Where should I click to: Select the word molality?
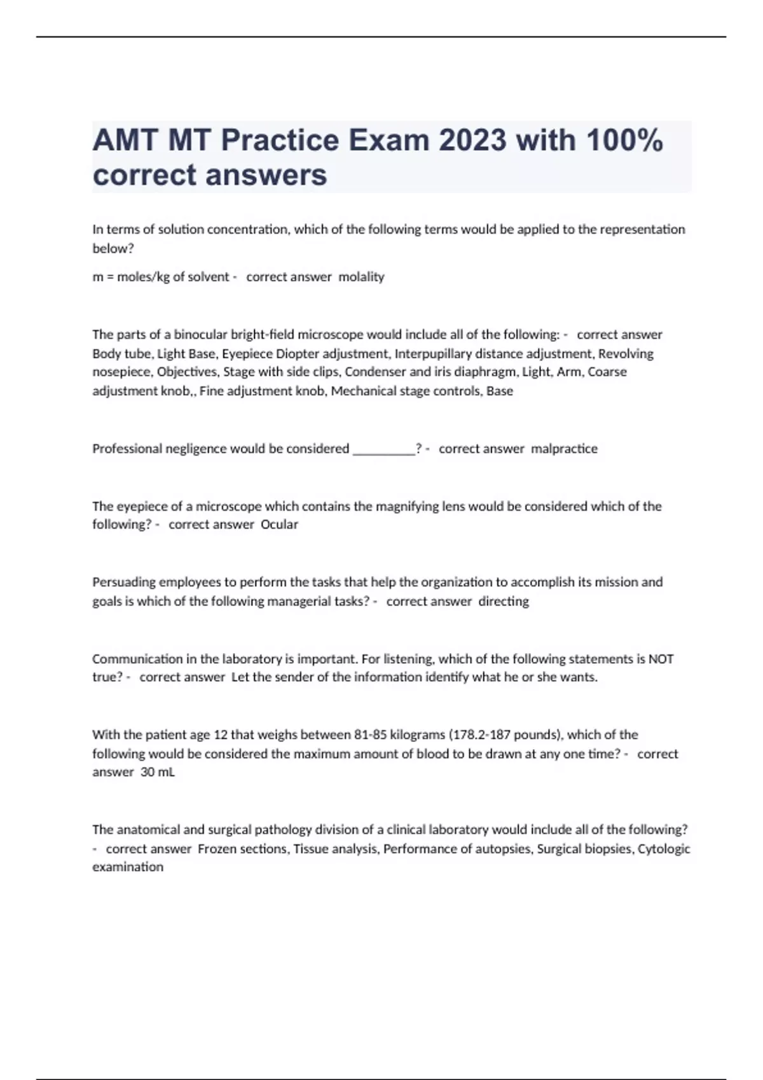(x=361, y=277)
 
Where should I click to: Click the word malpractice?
(x=564, y=449)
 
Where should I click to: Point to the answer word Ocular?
(x=279, y=525)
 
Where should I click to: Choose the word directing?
(x=504, y=601)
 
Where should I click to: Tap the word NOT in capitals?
(x=661, y=659)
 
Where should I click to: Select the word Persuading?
(x=123, y=583)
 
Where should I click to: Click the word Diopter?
(x=296, y=354)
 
